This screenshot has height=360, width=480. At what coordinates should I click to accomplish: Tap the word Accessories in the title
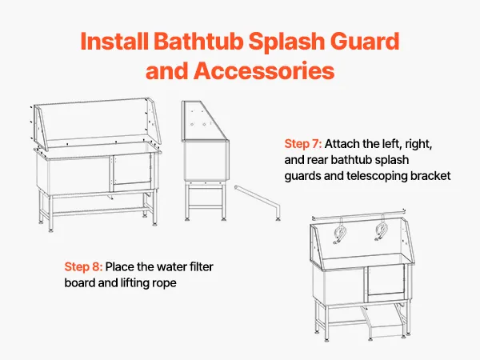point(263,70)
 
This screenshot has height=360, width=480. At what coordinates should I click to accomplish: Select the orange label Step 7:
point(302,144)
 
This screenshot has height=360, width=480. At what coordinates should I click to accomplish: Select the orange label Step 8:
point(83,266)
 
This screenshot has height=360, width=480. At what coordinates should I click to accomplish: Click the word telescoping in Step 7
point(377,176)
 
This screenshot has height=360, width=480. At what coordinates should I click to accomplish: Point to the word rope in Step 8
point(165,283)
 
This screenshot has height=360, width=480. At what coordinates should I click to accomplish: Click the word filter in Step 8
point(201,266)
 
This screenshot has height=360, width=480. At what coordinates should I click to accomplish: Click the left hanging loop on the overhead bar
point(340,232)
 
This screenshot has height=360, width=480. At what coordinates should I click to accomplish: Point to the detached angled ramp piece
point(258,202)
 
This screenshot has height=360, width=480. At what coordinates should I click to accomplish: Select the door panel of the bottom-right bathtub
point(386,281)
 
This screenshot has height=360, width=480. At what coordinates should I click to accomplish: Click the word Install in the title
point(114,41)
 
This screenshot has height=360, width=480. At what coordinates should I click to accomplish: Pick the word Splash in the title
point(286,41)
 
